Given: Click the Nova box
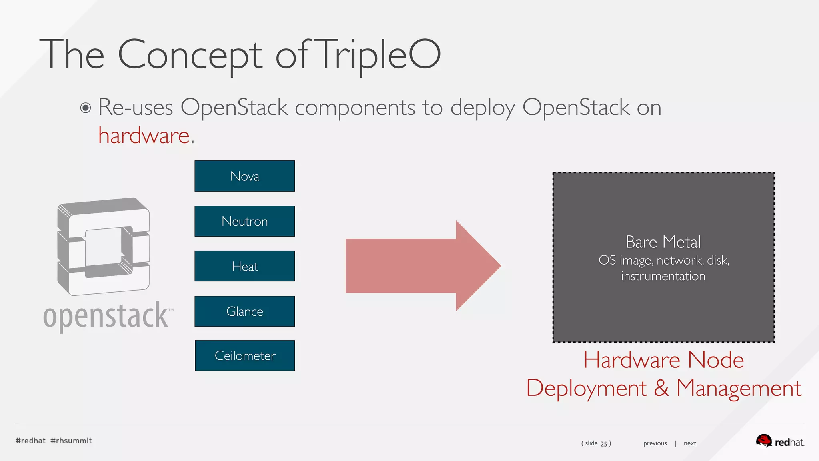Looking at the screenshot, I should pos(244,176).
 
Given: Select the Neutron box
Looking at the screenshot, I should pos(244,221).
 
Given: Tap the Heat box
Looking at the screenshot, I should pos(244,266).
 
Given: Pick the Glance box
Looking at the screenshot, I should pos(244,311).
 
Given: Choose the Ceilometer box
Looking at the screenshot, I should pos(245,355).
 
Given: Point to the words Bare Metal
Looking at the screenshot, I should pos(663,242).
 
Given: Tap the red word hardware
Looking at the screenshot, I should pos(144,136).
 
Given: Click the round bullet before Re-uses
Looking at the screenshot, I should pos(85,108).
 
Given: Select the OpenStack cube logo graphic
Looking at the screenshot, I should pos(104,246).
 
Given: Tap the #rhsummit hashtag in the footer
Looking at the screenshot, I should pos(71,441).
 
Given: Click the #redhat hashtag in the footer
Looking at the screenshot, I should pos(31,441).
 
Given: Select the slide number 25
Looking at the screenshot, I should pos(604,443).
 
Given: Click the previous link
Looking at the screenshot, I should pos(655,443).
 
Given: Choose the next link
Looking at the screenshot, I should pos(690,443).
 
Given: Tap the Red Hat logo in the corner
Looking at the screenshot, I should pos(780,441).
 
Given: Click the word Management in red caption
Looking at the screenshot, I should pos(739,388).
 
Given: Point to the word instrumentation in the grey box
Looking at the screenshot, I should pos(663,276).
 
